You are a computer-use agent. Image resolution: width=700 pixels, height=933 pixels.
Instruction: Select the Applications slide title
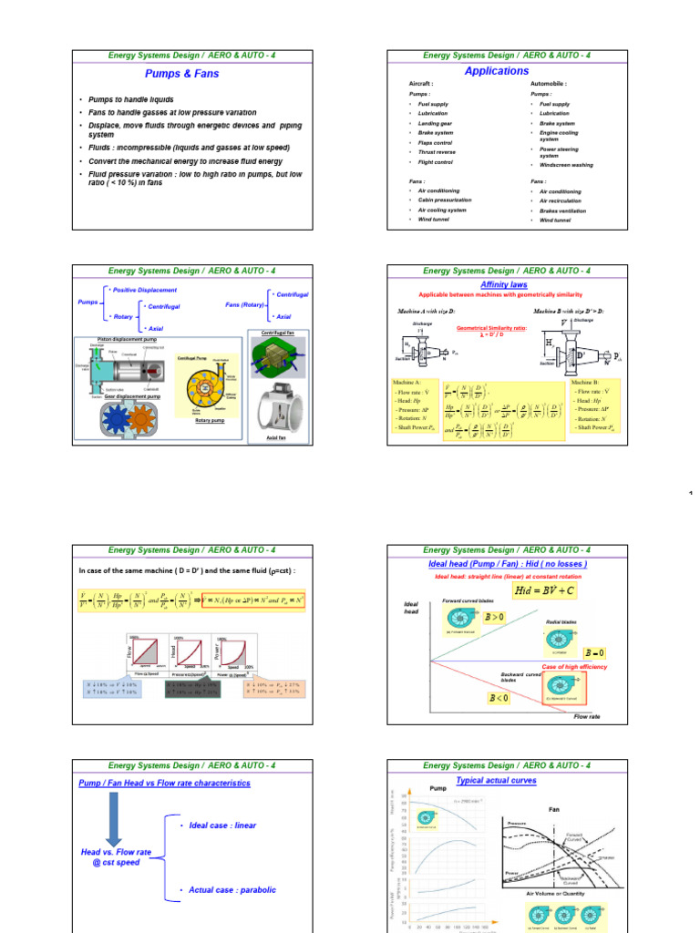(497, 70)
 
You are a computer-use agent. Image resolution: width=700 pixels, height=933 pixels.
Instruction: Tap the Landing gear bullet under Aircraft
(437, 123)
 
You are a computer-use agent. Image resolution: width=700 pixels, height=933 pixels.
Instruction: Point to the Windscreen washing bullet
(566, 165)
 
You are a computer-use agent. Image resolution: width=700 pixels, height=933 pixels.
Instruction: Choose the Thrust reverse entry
(438, 152)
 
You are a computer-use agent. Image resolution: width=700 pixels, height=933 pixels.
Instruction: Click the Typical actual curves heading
(497, 781)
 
